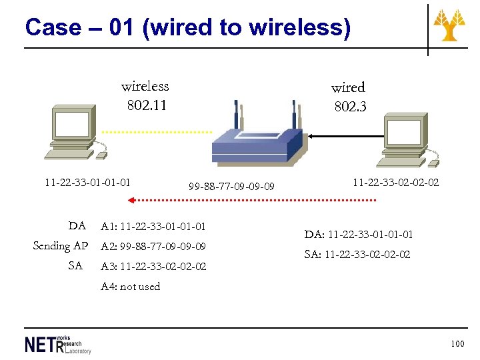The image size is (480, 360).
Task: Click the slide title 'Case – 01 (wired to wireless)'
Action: point(187,28)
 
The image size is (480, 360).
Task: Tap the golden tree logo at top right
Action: point(449,26)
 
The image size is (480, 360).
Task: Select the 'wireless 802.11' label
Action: point(145,95)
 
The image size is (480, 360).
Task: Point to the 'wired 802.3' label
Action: point(349,97)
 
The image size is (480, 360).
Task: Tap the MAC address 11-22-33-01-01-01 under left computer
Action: point(87,181)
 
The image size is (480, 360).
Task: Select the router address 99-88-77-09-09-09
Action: point(231,187)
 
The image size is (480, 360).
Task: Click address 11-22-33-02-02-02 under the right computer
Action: point(395,181)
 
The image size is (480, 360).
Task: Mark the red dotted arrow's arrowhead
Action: point(132,200)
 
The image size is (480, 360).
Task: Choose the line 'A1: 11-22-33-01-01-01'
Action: point(153,227)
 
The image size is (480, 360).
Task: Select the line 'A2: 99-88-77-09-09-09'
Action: point(153,247)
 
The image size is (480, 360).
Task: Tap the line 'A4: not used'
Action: point(131,287)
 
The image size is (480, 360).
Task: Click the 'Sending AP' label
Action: point(60,246)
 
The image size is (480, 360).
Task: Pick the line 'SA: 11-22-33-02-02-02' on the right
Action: point(357,254)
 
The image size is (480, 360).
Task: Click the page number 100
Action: point(457,344)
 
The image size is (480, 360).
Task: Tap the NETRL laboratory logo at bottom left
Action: point(58,344)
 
